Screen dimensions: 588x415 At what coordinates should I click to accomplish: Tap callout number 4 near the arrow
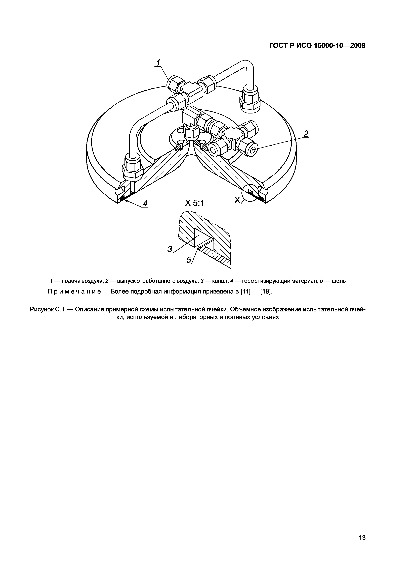click(x=145, y=203)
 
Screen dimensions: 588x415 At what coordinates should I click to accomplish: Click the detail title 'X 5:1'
click(x=195, y=203)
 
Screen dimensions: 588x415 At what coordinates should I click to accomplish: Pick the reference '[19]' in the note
click(x=266, y=292)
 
